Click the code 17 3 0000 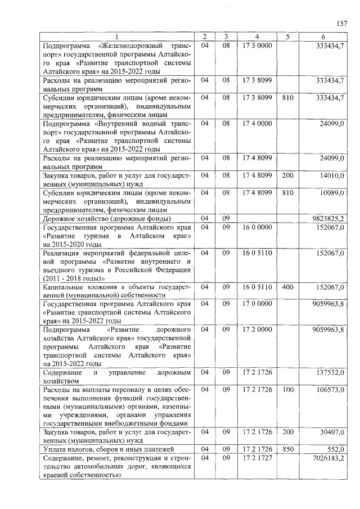tap(257, 44)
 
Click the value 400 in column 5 tap(287, 287)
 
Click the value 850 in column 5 tap(287, 448)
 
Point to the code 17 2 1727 tap(257, 458)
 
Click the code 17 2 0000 tap(257, 328)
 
